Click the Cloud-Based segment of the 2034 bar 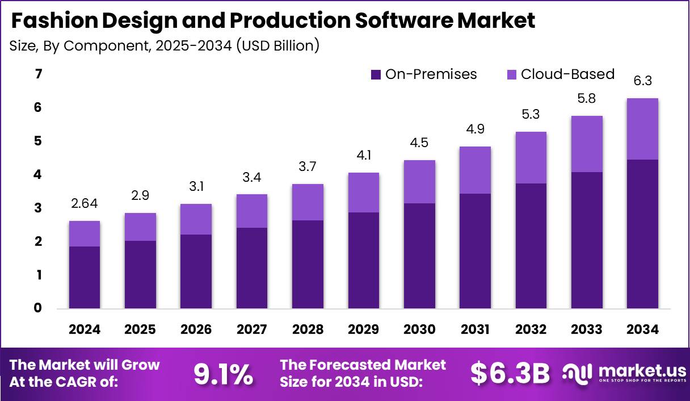pos(642,129)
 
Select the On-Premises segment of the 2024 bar pos(85,277)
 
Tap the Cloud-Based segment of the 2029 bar pos(364,193)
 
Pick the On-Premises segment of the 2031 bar pos(475,251)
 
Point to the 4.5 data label pos(419,143)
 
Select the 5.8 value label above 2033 pos(587,98)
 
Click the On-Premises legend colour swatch pos(376,74)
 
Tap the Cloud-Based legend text pos(567,74)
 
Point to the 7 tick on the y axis pos(39,74)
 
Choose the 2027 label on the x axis pos(252,329)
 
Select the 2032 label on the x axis pos(531,329)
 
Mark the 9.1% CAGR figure pos(223,373)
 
